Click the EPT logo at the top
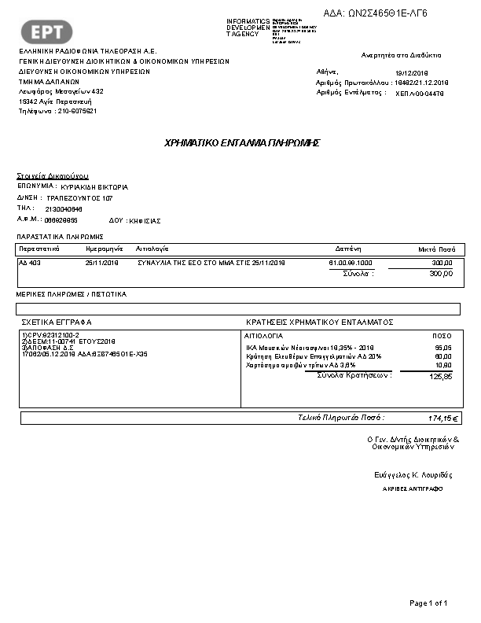click(52, 31)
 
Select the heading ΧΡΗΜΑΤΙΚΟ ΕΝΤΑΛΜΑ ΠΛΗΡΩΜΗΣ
click(241, 143)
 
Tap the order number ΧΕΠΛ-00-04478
click(420, 93)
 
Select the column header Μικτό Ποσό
click(436, 248)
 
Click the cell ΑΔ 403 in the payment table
click(30, 263)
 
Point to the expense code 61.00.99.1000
click(351, 263)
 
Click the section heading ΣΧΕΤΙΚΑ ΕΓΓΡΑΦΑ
click(57, 323)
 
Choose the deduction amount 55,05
click(443, 347)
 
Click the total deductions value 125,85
click(441, 377)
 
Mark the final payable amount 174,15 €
click(443, 418)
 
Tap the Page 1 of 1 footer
click(428, 603)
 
